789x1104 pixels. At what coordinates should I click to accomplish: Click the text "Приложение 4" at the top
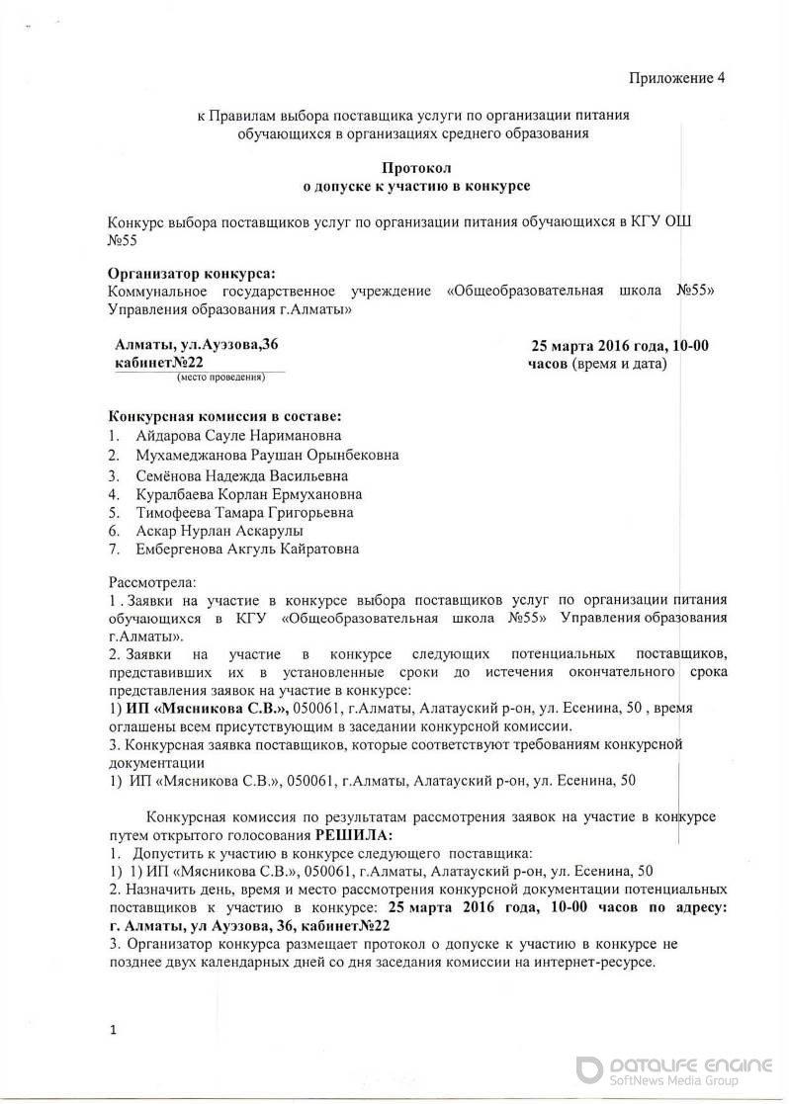point(678,78)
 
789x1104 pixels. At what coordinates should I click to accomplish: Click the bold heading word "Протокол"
point(415,168)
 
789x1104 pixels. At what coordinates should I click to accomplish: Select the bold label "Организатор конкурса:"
point(192,273)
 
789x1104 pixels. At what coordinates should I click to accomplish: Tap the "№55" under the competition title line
point(123,239)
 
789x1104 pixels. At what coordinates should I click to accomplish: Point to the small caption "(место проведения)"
point(220,378)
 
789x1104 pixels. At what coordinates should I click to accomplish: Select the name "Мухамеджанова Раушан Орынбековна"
point(254,455)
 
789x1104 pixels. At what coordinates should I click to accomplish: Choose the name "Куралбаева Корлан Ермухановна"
point(235,493)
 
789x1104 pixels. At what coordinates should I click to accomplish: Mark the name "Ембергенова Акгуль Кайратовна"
point(233,550)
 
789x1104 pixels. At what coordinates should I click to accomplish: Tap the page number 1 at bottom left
point(113,1031)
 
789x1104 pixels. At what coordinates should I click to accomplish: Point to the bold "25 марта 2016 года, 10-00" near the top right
point(620,345)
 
